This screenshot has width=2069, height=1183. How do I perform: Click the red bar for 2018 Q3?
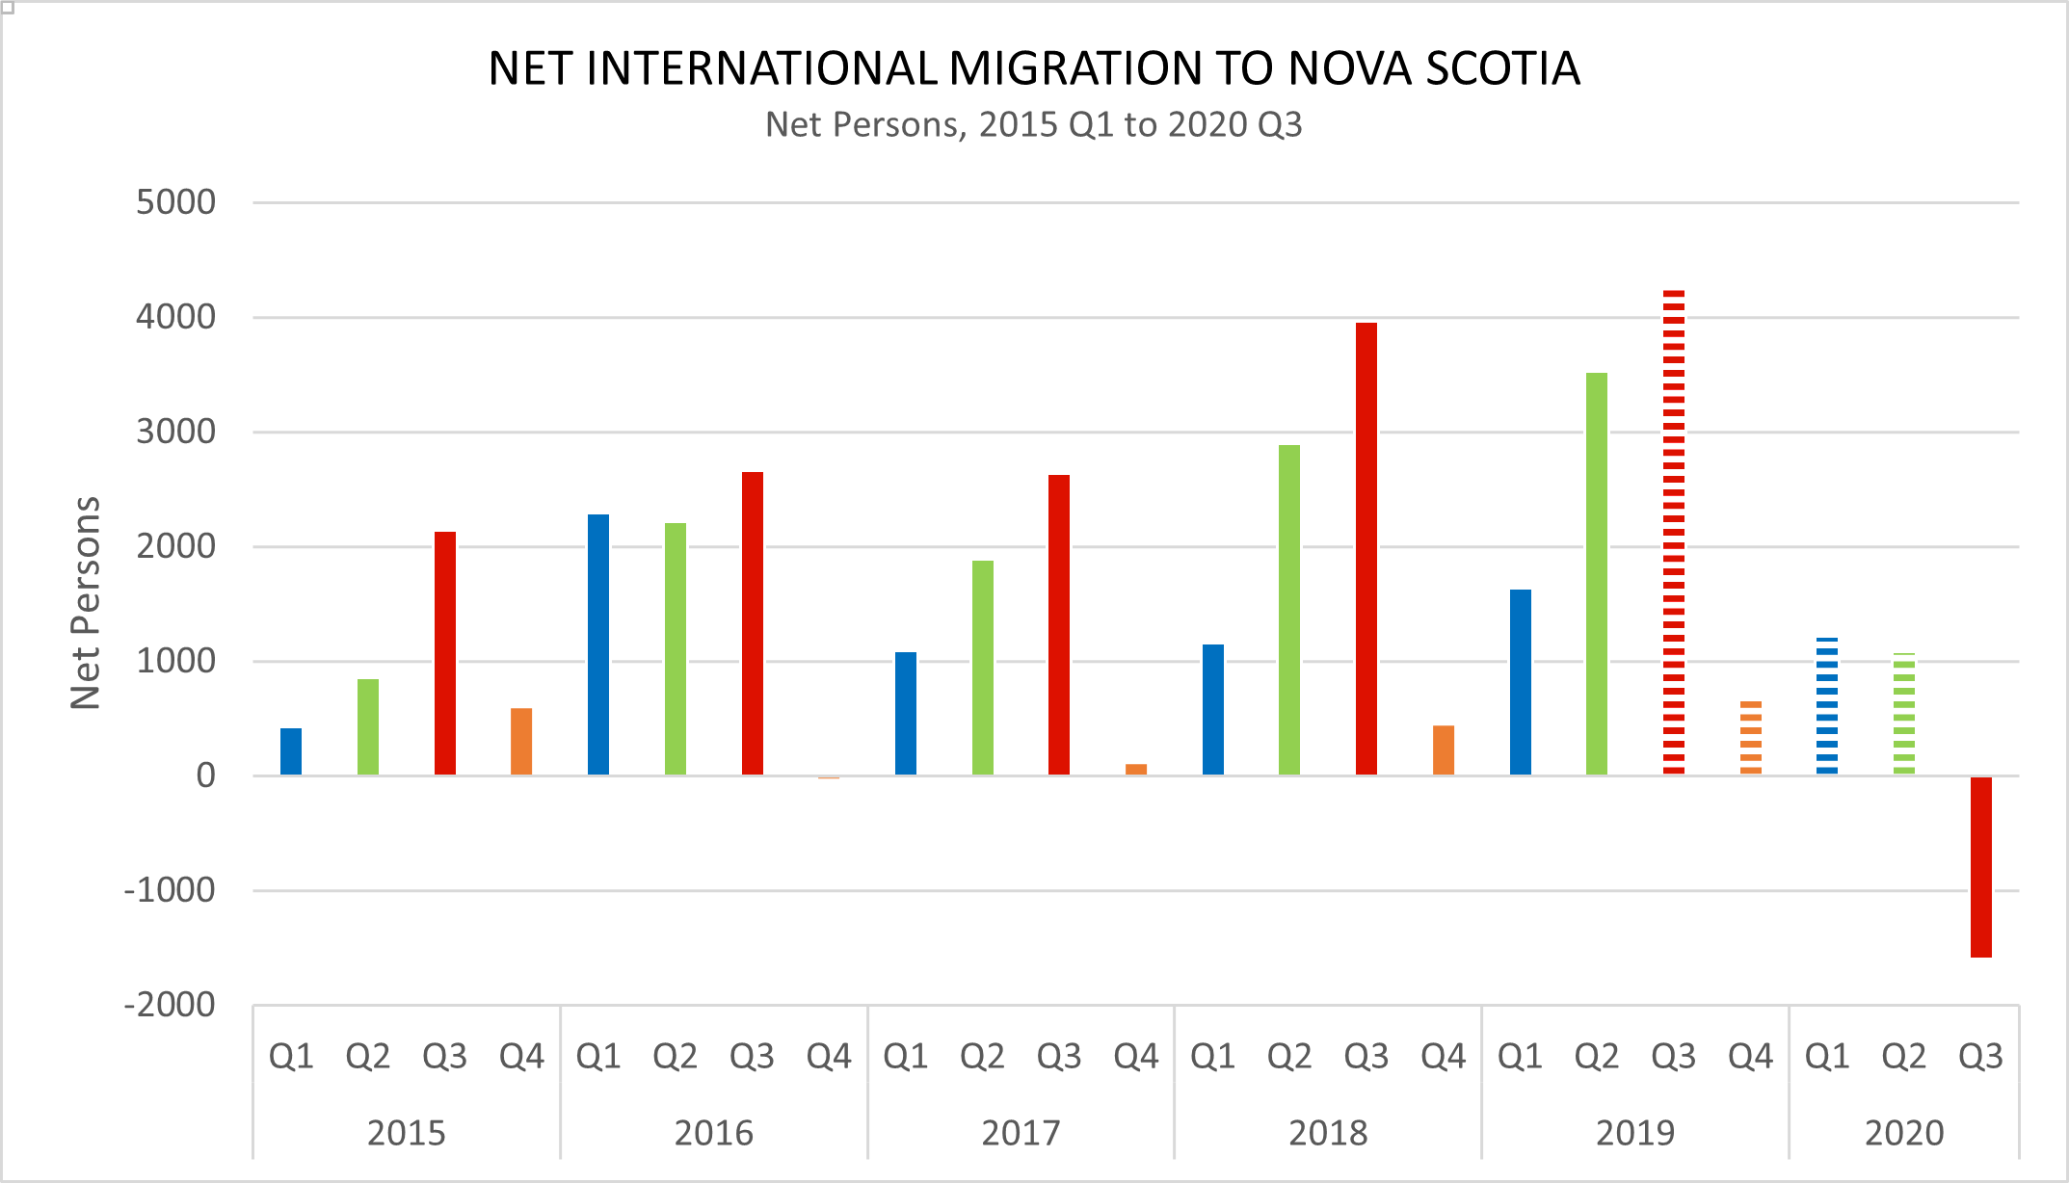click(x=1366, y=549)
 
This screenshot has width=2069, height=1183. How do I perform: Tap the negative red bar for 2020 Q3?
click(x=1980, y=866)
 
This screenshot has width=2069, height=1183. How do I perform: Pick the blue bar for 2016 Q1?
click(x=597, y=644)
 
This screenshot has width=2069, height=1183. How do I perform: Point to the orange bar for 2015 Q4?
click(x=521, y=742)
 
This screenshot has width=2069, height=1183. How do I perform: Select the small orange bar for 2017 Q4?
click(x=1136, y=769)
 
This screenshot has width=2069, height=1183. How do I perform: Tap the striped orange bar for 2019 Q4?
click(x=1750, y=738)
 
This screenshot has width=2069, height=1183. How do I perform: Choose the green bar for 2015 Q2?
click(x=368, y=727)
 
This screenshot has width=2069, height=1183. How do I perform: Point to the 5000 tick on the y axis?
click(x=175, y=202)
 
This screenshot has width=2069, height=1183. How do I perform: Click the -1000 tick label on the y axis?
click(x=170, y=890)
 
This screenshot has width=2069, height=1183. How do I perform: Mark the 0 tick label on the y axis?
click(x=205, y=776)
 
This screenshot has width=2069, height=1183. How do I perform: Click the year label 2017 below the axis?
click(x=1021, y=1132)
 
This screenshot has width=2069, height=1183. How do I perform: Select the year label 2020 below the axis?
click(x=1903, y=1132)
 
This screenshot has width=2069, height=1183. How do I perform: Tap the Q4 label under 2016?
click(x=829, y=1057)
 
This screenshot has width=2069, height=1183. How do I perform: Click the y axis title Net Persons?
click(x=86, y=603)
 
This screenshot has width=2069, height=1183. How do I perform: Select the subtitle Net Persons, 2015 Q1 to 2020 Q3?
click(x=1033, y=125)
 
